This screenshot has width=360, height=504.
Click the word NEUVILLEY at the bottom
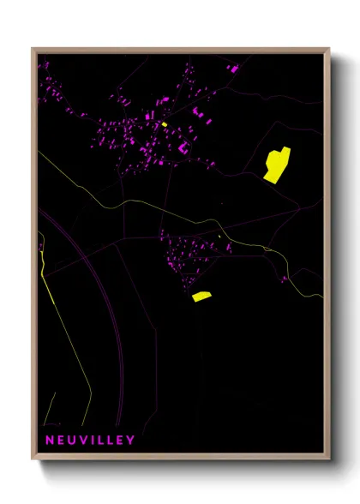pyautogui.click(x=90, y=441)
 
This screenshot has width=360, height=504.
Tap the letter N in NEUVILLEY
pyautogui.click(x=50, y=441)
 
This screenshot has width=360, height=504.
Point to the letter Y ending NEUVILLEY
pyautogui.click(x=130, y=441)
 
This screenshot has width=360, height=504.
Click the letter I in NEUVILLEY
pyautogui.click(x=91, y=441)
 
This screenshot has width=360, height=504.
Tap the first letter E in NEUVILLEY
pyautogui.click(x=60, y=441)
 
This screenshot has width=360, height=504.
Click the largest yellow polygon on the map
pyautogui.click(x=277, y=164)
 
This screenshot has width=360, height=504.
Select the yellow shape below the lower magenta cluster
pyautogui.click(x=201, y=297)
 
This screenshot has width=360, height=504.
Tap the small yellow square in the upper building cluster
pyautogui.click(x=164, y=124)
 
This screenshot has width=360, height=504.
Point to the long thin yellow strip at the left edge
pyautogui.click(x=48, y=283)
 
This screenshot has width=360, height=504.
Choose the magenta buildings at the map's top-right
pyautogui.click(x=233, y=68)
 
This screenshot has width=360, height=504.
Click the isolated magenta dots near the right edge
pyautogui.click(x=284, y=278)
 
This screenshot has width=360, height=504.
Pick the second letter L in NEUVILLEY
pyautogui.click(x=110, y=441)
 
